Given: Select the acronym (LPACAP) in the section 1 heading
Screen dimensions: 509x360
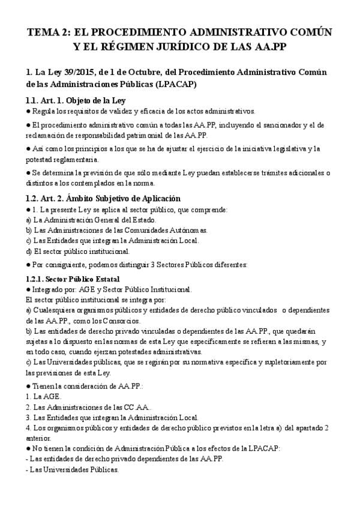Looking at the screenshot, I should tap(173, 84).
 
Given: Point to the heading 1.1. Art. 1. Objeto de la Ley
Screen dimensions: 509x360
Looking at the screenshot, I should tap(76, 100).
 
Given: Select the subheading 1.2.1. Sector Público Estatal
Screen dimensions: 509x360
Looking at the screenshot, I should tap(73, 279).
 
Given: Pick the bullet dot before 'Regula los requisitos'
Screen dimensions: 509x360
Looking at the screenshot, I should tap(29, 111).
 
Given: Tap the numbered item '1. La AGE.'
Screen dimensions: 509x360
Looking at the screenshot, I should tap(43, 396).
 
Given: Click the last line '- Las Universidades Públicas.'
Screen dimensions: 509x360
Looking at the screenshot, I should tap(73, 469).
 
